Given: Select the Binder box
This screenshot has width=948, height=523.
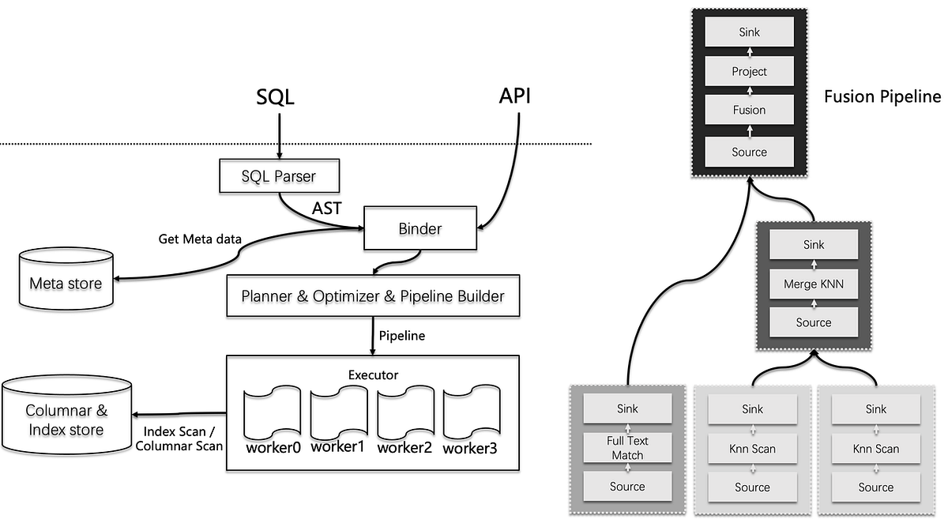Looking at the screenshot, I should pos(419,228).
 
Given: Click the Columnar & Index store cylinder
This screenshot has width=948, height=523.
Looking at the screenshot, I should pos(66,418).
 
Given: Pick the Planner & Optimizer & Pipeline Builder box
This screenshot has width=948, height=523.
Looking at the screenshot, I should pos(373,297).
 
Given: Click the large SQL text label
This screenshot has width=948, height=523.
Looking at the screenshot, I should pos(275,97).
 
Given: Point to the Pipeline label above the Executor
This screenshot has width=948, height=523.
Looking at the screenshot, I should pos(401,336).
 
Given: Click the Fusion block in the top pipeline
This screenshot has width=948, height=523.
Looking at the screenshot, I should pos(749,111).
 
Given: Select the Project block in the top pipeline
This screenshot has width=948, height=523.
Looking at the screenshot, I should pos(749,71).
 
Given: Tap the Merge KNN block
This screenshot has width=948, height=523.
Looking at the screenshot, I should pos(814,284).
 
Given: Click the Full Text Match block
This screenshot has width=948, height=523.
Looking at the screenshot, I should pos(627,448).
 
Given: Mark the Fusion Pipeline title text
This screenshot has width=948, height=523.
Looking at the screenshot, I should pos(882,97).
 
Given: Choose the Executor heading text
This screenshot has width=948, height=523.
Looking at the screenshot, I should pos(373,374).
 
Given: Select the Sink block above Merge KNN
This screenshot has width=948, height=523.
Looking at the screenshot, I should pos(814,245).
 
